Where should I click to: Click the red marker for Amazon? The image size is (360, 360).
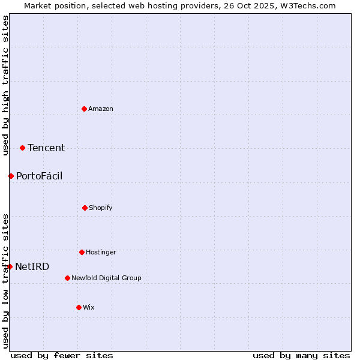(x=84, y=109)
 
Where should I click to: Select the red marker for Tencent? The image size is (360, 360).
(x=22, y=148)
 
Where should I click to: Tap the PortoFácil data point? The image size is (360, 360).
(x=11, y=176)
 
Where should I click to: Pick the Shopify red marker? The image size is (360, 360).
(x=85, y=208)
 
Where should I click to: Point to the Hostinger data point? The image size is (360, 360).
(x=82, y=252)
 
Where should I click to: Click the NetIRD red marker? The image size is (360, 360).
(x=10, y=266)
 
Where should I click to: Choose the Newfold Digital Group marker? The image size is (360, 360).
(x=67, y=278)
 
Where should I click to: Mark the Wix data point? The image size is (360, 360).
(x=79, y=307)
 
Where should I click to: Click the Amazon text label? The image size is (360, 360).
(x=101, y=109)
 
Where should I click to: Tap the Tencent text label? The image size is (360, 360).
(x=46, y=148)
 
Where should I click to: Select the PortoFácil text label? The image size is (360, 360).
(x=39, y=176)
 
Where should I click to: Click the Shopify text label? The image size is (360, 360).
(x=101, y=208)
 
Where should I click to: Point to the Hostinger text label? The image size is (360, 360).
(x=101, y=252)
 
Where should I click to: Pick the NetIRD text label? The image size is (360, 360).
(x=32, y=266)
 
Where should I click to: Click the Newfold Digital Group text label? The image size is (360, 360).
(x=106, y=278)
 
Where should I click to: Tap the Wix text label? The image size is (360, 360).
(x=89, y=307)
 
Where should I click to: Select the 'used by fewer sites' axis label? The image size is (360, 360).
(x=62, y=355)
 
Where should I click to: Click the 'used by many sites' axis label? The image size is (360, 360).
(x=301, y=355)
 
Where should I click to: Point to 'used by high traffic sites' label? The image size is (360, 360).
(x=5, y=85)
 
